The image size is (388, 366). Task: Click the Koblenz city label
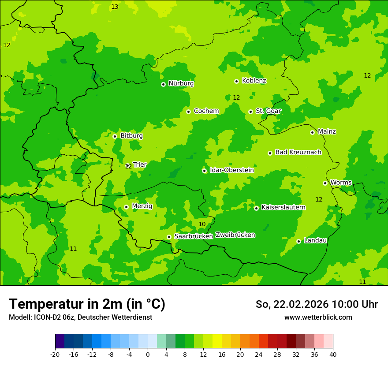pos(254,81)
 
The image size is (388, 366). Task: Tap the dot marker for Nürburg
pos(163,84)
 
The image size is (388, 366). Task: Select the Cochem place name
pos(206,111)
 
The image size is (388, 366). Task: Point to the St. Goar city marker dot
pos(250,112)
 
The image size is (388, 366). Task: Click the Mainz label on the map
pos(327,131)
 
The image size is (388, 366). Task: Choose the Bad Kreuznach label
pos(298,152)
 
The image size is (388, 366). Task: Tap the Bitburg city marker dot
pos(115,136)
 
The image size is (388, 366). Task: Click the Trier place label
pos(140,164)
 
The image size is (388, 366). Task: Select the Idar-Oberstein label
pos(231,170)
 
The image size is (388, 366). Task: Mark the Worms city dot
pos(325,183)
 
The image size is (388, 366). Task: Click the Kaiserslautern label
pos(283,207)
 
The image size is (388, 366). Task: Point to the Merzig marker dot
pos(126,207)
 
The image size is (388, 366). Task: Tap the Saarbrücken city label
pos(194,236)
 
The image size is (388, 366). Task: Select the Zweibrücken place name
pos(235,235)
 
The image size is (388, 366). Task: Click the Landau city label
pos(315,240)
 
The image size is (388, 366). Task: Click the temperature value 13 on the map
pos(115,7)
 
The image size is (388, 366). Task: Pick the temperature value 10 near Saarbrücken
pos(202,224)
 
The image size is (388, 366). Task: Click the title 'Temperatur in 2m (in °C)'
pos(87,304)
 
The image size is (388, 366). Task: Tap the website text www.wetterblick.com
pos(318,317)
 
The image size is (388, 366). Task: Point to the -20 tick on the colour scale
pos(55,355)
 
